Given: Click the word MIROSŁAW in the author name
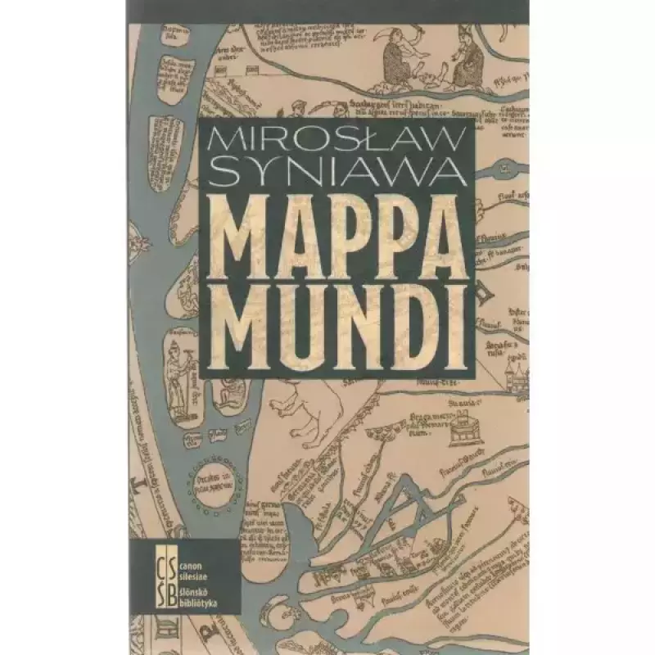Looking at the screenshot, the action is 333,139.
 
